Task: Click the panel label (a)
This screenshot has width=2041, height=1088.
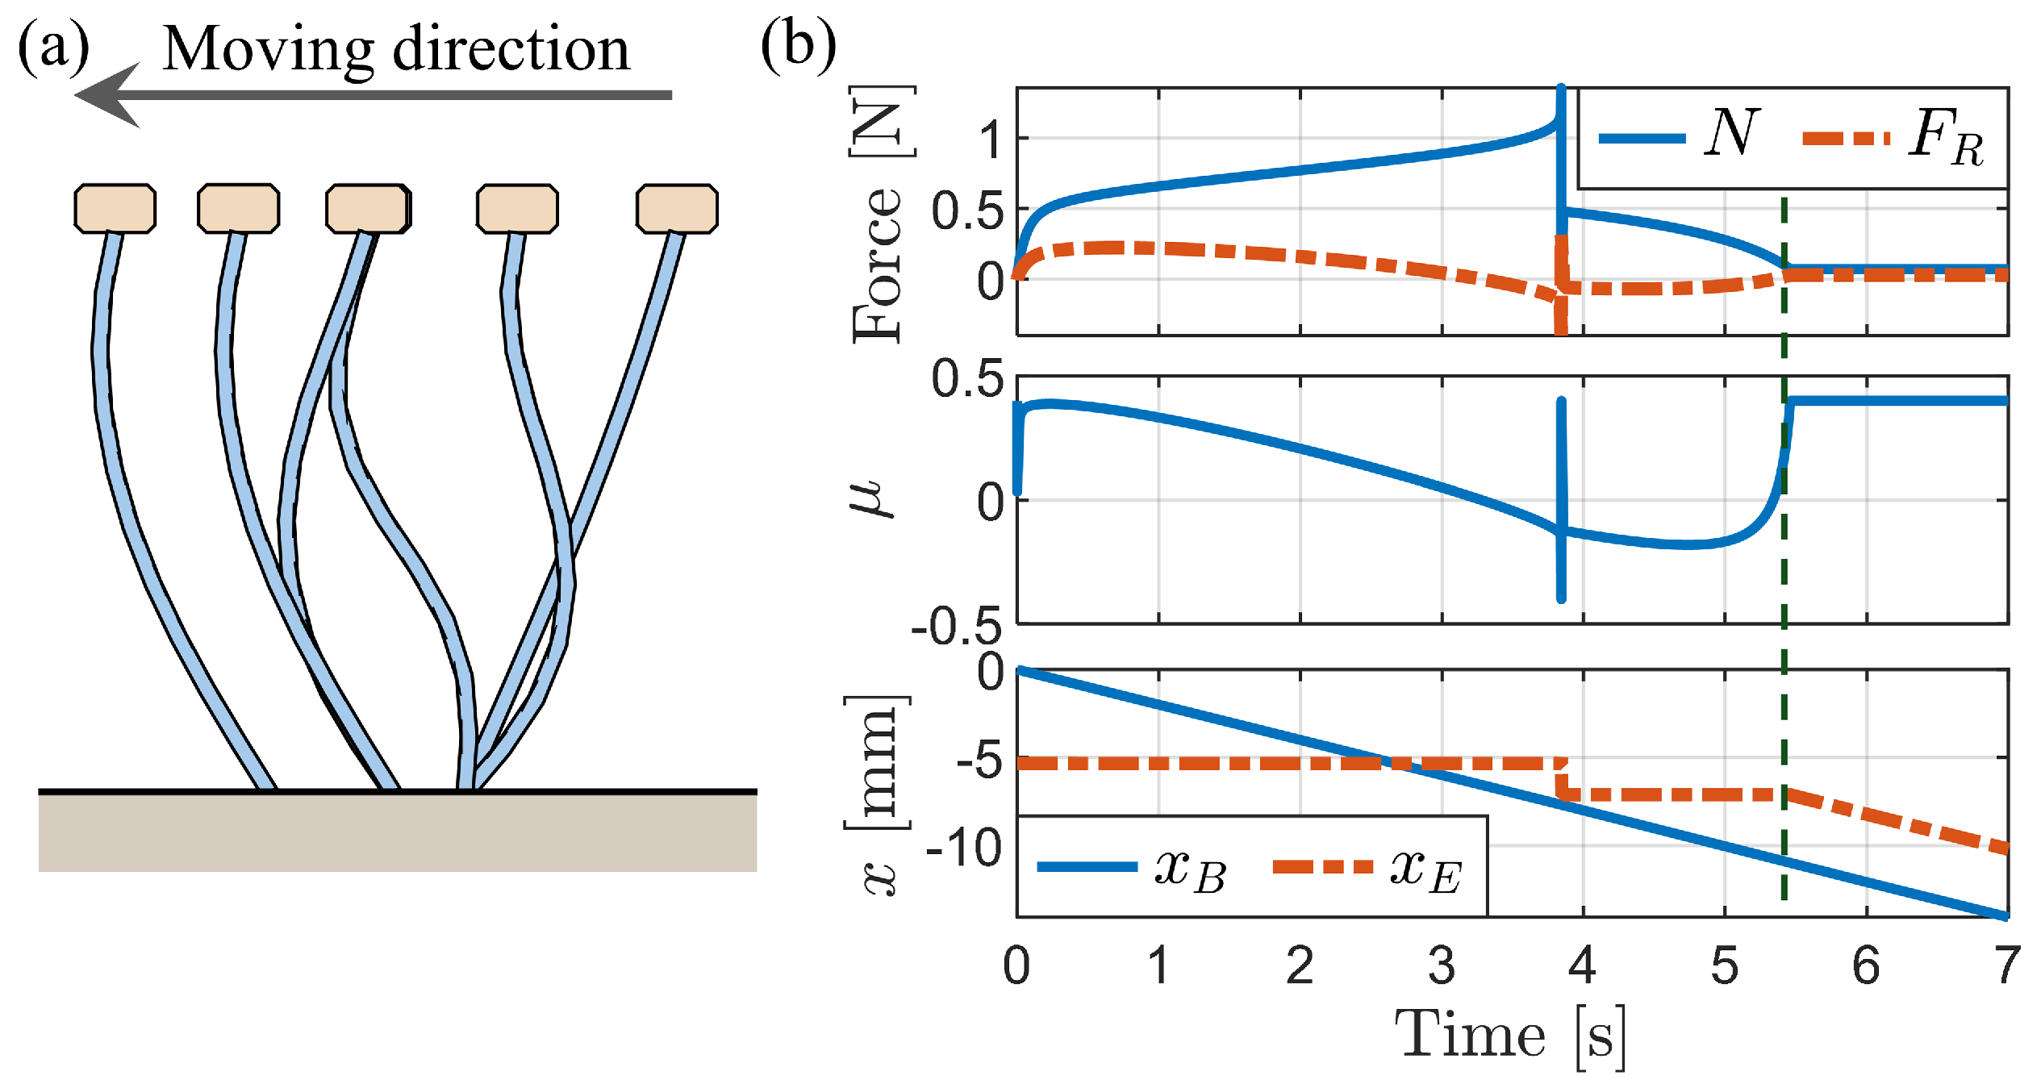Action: pos(53,48)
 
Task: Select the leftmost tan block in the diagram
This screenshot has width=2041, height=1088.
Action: pos(115,208)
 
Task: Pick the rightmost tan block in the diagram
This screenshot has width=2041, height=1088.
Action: pos(676,208)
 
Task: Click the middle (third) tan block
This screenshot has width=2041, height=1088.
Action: pos(368,208)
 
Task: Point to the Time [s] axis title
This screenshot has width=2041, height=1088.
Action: pos(1509,1036)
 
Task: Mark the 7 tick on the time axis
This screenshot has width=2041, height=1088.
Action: pos(2006,965)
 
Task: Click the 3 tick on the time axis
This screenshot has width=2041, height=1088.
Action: pos(1441,965)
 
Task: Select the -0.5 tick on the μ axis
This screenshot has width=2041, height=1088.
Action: pos(957,627)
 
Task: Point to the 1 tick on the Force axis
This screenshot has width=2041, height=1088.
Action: pos(991,139)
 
